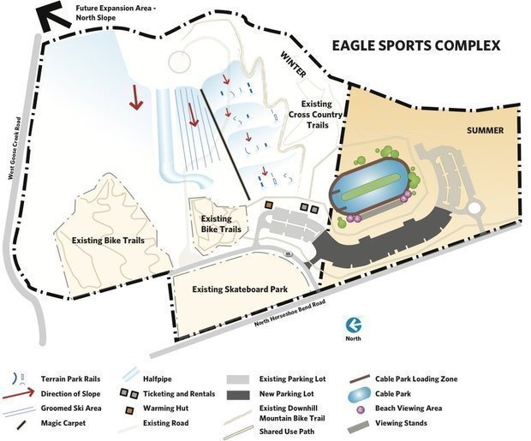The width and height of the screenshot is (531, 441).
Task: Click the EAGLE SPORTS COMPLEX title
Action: [x=416, y=45]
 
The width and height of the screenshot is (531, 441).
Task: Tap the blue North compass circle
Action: [x=352, y=325]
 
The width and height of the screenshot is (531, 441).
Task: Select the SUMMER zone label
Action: [x=485, y=130]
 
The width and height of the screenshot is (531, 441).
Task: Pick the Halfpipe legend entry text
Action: [x=162, y=378]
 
